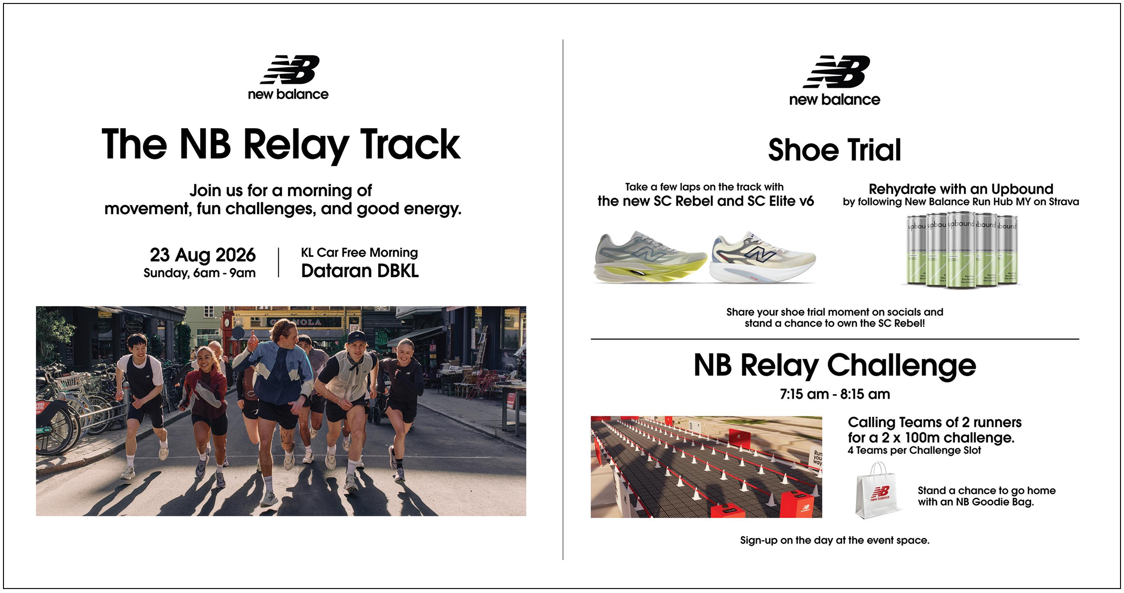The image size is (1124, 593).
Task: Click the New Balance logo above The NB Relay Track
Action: [288, 77]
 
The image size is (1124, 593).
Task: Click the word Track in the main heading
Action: [410, 145]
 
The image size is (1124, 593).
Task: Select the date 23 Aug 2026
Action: [203, 255]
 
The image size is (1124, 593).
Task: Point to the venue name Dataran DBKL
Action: [360, 271]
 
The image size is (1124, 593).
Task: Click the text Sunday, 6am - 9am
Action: [200, 273]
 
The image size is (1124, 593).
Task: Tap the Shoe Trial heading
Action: [835, 150]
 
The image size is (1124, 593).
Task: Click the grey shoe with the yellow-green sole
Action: [650, 257]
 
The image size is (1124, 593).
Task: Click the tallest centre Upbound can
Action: [961, 249]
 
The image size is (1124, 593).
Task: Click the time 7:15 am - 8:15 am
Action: [835, 394]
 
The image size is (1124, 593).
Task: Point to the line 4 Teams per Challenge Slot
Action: [914, 450]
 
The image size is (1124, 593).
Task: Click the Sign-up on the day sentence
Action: [835, 540]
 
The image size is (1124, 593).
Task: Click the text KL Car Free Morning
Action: [359, 253]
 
